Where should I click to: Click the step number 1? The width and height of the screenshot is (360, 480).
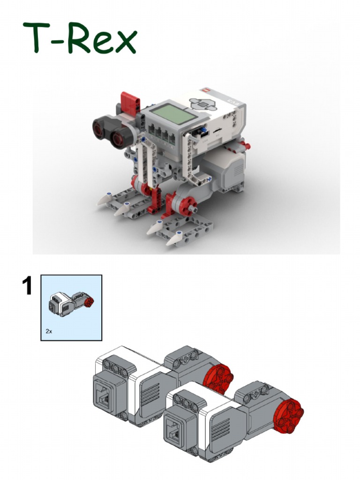27,286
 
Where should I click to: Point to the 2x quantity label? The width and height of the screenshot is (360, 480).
49,331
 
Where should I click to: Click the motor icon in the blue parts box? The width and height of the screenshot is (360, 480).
70,304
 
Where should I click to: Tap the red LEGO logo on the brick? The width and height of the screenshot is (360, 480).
204,89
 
